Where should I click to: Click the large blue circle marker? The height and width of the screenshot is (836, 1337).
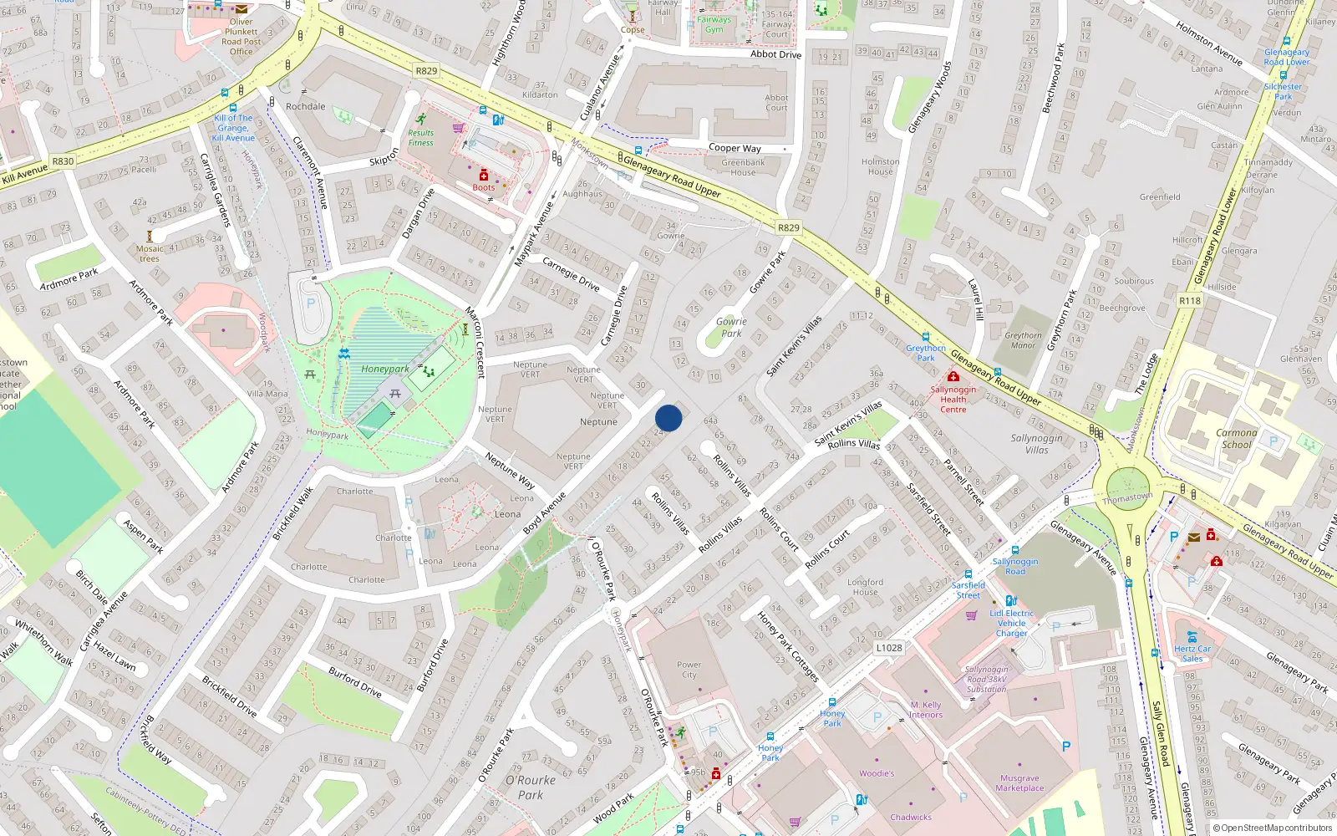click(x=668, y=418)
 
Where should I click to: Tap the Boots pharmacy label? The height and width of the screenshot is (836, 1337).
click(x=484, y=187)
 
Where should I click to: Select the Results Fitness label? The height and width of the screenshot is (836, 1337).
click(x=421, y=138)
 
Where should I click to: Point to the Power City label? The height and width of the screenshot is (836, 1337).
click(x=689, y=670)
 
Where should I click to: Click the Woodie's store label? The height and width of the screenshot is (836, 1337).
click(x=877, y=773)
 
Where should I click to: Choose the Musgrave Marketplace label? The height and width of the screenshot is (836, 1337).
click(x=1019, y=782)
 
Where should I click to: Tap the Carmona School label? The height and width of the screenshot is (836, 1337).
click(x=1237, y=439)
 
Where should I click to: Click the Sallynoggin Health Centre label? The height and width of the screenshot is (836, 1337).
click(x=953, y=399)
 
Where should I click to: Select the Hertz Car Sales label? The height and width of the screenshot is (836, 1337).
click(x=1192, y=653)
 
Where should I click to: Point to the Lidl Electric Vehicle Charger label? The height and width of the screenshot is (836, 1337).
click(x=1011, y=623)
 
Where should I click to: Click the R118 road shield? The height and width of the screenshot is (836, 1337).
click(x=1189, y=301)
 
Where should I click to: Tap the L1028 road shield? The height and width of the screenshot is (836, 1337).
click(x=889, y=648)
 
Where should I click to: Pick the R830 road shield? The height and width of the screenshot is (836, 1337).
click(x=63, y=161)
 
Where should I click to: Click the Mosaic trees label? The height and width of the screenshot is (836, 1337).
click(x=150, y=253)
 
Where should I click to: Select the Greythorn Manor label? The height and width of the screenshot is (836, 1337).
click(x=1023, y=340)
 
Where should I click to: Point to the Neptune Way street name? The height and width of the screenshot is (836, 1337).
click(x=510, y=471)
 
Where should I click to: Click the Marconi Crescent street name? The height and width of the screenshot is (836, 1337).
click(x=474, y=343)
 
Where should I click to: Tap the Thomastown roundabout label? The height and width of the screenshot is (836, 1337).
click(x=1127, y=497)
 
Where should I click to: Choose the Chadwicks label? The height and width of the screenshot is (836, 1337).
click(x=911, y=818)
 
